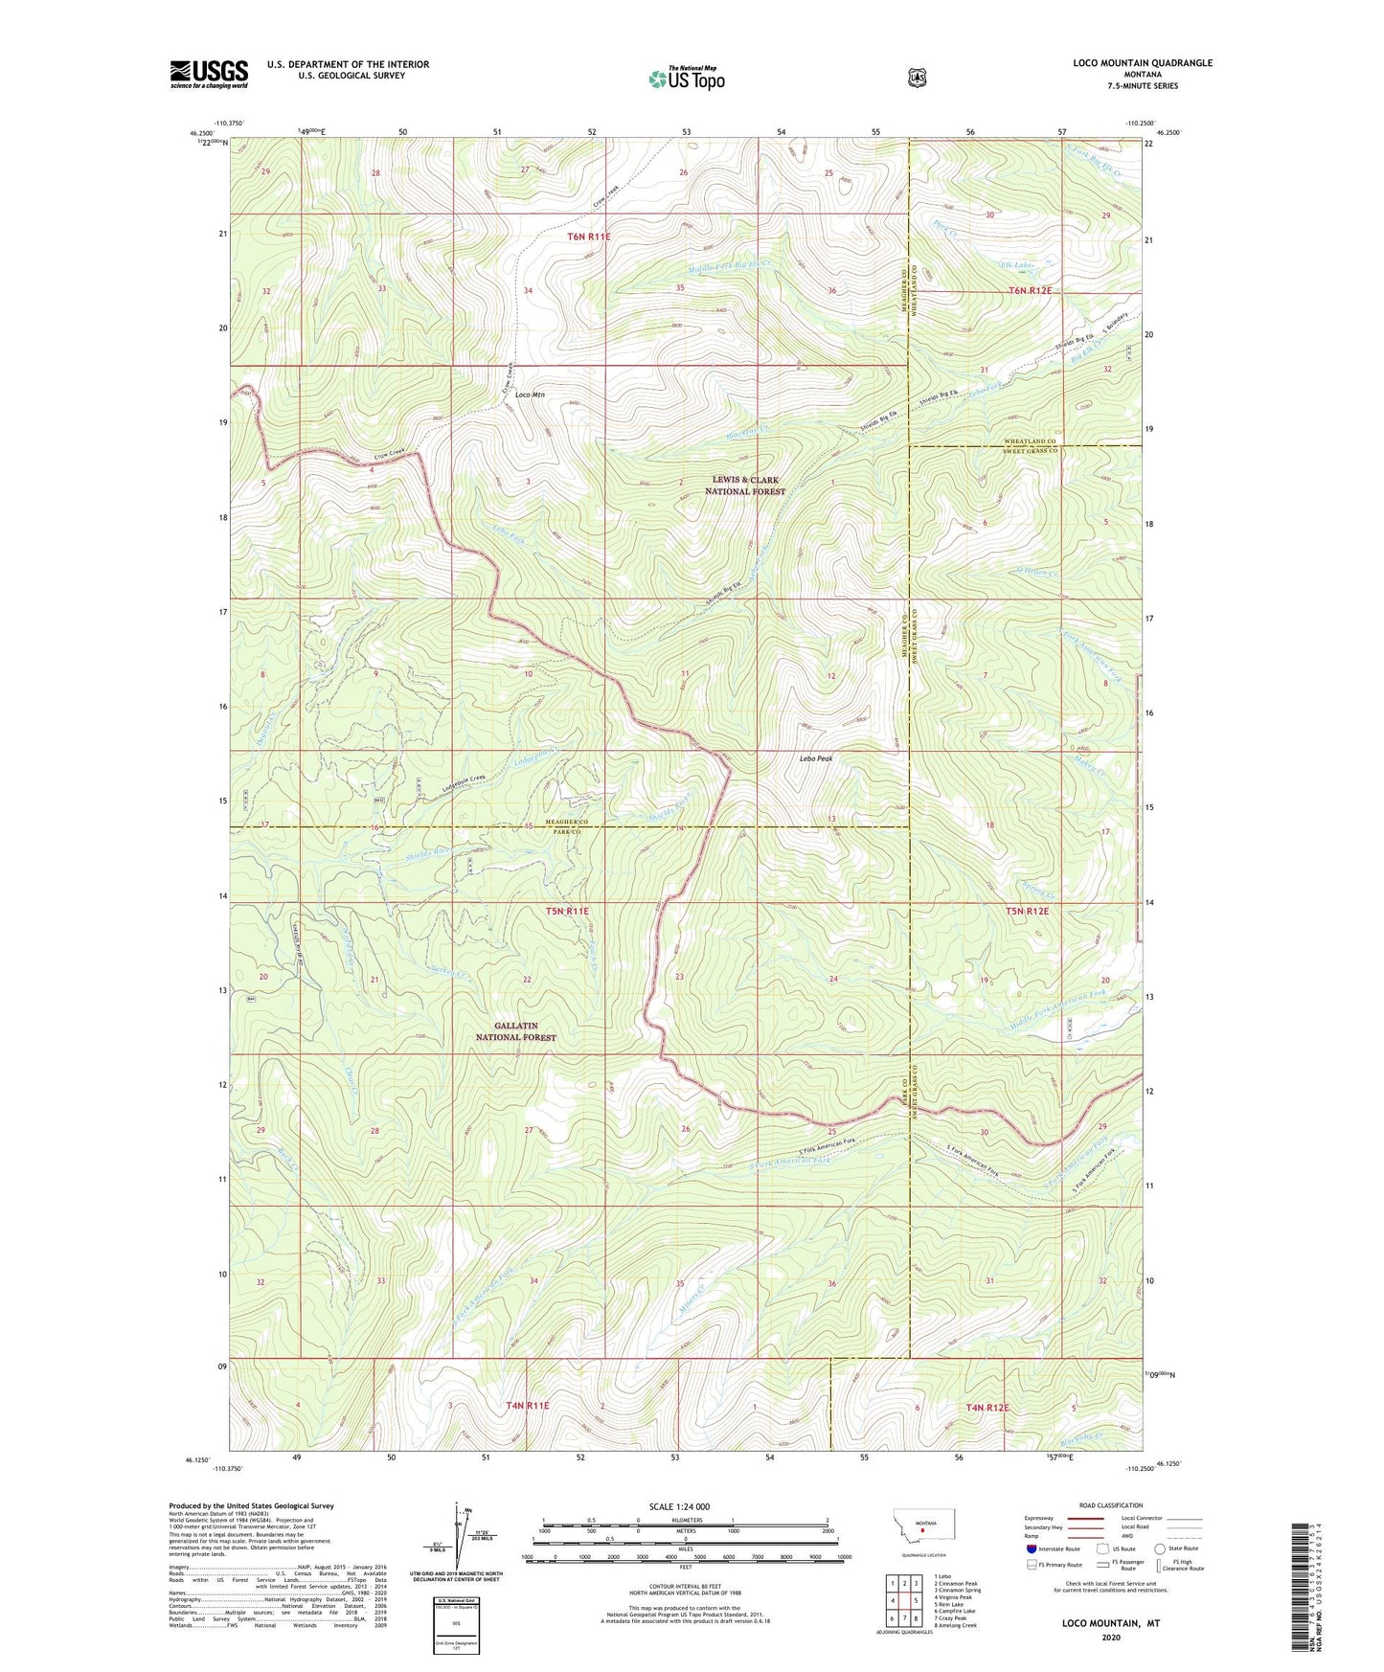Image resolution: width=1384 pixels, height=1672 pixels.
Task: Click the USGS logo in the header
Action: (x=209, y=74)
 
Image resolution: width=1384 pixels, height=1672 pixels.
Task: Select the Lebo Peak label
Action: (x=816, y=758)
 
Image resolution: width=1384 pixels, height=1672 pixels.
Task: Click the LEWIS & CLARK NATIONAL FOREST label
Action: (x=744, y=486)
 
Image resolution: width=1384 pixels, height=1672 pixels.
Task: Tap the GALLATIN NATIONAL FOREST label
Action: (x=515, y=1031)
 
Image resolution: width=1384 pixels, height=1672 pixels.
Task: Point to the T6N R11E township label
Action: (x=588, y=236)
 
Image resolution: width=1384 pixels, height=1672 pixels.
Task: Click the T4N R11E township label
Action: (x=528, y=1406)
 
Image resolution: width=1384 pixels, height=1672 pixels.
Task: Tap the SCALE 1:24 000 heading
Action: (x=679, y=1506)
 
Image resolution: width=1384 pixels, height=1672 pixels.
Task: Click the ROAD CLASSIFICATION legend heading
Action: (x=1110, y=1505)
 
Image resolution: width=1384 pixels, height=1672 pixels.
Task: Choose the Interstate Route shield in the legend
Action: (x=1032, y=1548)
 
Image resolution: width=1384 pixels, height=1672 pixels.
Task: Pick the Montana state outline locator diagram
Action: (x=923, y=1523)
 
